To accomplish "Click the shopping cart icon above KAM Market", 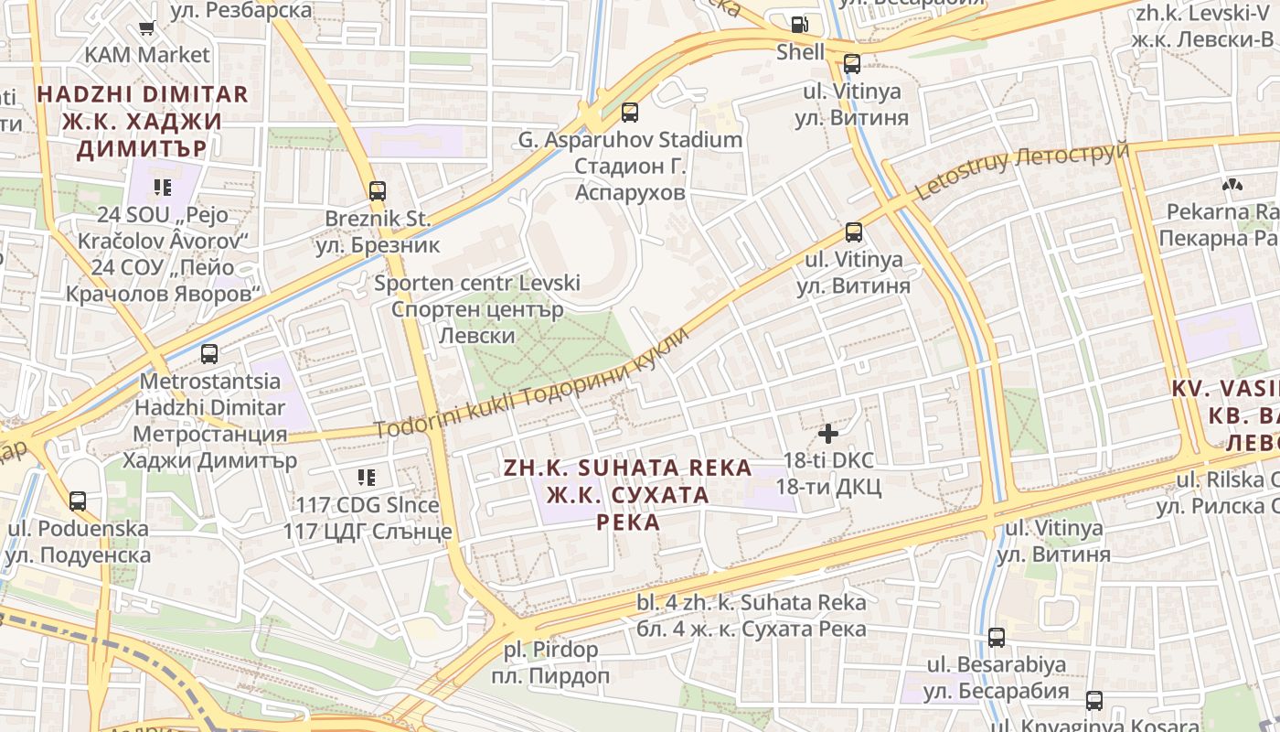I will [x=146, y=28].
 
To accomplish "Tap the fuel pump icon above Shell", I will [x=800, y=25].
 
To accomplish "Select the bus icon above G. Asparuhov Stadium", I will [x=629, y=113].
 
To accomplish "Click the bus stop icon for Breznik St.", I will [x=378, y=191].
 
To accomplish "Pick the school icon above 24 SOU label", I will [x=163, y=188].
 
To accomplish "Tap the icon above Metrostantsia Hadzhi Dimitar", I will [x=209, y=354].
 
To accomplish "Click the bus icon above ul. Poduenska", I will [x=78, y=501].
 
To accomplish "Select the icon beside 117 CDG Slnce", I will [x=367, y=477].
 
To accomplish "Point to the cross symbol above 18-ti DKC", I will [x=828, y=434].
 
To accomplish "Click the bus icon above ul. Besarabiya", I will [x=997, y=637].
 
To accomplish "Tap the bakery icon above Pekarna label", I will [x=1232, y=186].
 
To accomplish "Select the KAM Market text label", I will [x=147, y=55].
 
